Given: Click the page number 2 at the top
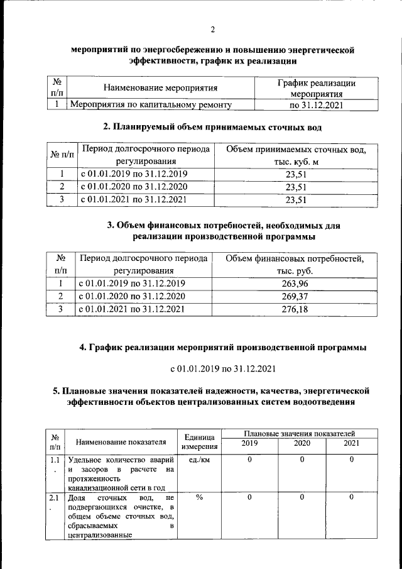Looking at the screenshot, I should click(x=212, y=30).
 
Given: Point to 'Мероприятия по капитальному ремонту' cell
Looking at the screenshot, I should click(x=151, y=106).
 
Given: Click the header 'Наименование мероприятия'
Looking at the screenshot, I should click(x=160, y=88).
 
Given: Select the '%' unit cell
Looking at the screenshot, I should click(x=199, y=497).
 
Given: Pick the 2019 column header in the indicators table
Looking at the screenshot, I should click(x=249, y=444).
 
